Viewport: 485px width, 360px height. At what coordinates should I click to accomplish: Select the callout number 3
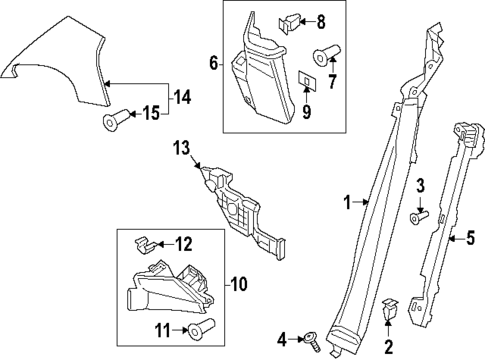point(420,185)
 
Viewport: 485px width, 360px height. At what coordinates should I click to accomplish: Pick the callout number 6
point(214,63)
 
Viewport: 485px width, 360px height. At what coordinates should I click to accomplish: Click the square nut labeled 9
point(306,78)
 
